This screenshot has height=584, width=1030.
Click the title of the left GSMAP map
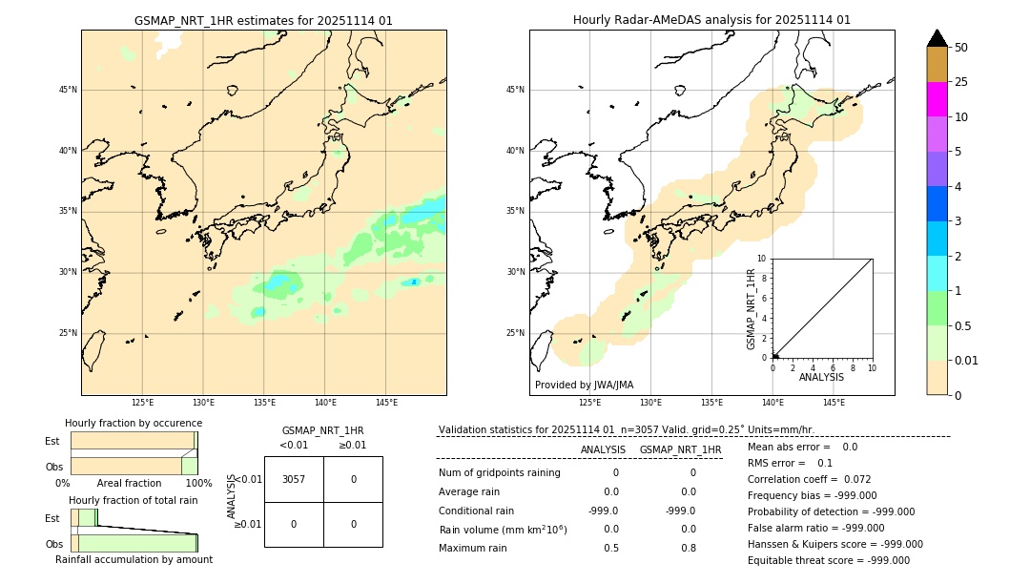pyautogui.click(x=263, y=20)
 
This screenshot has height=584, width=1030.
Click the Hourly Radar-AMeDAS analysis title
pyautogui.click(x=711, y=20)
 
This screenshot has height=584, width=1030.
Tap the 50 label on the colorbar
pyautogui.click(x=961, y=48)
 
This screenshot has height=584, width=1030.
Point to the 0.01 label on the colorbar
pyautogui.click(x=967, y=361)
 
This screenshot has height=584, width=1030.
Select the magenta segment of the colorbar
pyautogui.click(x=937, y=99)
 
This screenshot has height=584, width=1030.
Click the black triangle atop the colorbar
pyautogui.click(x=937, y=38)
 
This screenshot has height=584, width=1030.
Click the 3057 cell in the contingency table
pyautogui.click(x=294, y=479)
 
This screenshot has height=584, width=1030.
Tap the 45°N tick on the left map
pyautogui.click(x=68, y=90)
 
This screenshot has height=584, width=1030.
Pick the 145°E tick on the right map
pyautogui.click(x=834, y=403)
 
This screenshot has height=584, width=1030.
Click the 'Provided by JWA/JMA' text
pyautogui.click(x=584, y=386)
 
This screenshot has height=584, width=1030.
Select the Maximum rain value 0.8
pyautogui.click(x=688, y=548)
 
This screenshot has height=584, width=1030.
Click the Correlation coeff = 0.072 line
pyautogui.click(x=809, y=480)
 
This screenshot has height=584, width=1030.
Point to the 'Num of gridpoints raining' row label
pyautogui.click(x=499, y=473)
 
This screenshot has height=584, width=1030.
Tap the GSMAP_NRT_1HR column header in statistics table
pyautogui.click(x=680, y=449)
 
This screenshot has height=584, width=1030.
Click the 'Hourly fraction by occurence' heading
pyautogui.click(x=134, y=423)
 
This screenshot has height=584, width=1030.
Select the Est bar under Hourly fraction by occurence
pyautogui.click(x=134, y=441)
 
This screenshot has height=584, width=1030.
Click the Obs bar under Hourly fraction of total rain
pyautogui.click(x=134, y=543)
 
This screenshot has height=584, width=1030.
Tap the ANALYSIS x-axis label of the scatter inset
pyautogui.click(x=821, y=377)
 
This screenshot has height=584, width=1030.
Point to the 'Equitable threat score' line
pyautogui.click(x=828, y=561)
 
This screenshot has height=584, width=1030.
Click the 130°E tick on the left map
pyautogui.click(x=203, y=403)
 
